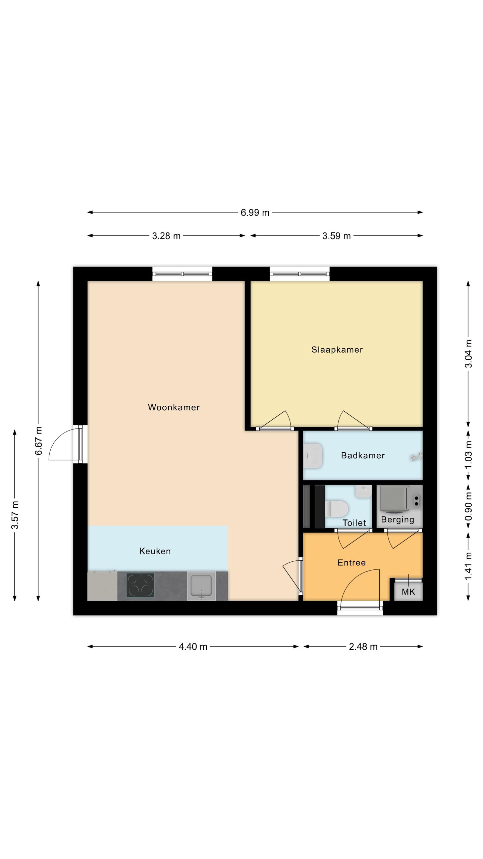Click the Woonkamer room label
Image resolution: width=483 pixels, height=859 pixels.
174,407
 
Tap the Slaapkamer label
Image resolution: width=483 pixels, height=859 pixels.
337,350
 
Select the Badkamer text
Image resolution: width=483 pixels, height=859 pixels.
363,455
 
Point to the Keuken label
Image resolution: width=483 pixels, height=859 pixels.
155,551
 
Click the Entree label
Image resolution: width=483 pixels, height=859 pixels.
352,562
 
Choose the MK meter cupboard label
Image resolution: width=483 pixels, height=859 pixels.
408,592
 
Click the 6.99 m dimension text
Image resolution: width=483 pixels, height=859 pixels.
255,213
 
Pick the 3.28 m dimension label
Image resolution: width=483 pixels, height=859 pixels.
166,236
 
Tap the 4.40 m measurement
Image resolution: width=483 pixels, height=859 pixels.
193,647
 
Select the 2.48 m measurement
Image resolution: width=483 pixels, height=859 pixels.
363,647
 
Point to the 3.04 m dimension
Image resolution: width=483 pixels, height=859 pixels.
468,354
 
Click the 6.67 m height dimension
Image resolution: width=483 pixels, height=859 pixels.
39,441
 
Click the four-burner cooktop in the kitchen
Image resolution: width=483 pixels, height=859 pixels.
140,585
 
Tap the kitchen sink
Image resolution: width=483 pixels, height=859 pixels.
201,586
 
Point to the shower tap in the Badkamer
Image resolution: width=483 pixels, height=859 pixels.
416,457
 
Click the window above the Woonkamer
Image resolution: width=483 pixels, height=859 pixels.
182,274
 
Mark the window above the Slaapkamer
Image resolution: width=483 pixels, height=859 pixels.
300,274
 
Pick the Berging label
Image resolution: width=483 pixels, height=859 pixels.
397,520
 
